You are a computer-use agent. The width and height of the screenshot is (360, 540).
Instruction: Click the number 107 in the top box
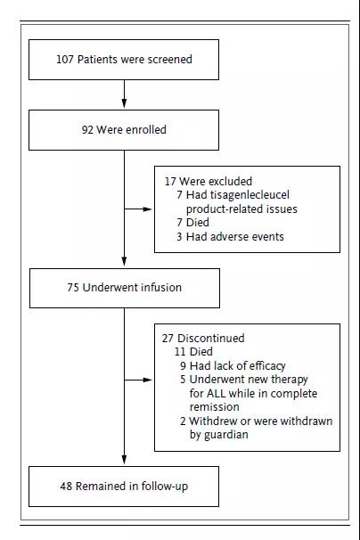coord(65,59)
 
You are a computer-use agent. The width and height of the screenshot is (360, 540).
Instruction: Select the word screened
coord(170,59)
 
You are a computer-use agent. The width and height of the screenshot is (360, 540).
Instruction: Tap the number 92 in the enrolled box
coord(87,130)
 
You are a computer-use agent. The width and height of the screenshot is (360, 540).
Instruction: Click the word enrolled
coord(146,130)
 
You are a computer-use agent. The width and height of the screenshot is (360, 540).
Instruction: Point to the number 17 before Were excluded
coord(170,182)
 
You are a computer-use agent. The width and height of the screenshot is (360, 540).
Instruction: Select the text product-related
coord(218,209)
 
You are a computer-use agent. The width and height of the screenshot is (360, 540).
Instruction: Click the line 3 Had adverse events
coord(230,237)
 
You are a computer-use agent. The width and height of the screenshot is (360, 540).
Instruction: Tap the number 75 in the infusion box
coord(73,288)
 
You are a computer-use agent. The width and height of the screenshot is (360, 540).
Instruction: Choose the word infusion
coord(161,288)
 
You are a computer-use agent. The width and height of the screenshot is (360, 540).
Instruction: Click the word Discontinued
coord(211,339)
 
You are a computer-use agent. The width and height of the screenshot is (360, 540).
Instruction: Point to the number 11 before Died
coord(180,352)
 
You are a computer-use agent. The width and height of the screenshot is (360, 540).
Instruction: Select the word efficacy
coord(267,365)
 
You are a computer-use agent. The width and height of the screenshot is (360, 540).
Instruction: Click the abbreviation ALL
coord(216,393)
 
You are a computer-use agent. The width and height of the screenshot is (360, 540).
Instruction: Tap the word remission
coord(214,407)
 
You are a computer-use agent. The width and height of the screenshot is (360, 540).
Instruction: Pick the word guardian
coord(226,435)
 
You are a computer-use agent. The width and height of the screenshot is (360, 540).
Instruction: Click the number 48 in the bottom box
coord(66,487)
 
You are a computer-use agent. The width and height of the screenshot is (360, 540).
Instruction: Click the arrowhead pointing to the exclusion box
coord(147,209)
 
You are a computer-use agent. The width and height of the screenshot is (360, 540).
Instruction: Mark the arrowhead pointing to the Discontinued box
coord(147,380)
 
